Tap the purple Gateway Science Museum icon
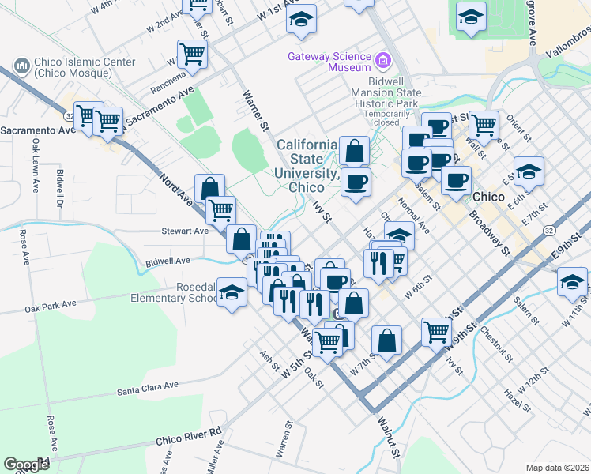[x=384, y=59]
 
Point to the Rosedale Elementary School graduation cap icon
[x=230, y=294]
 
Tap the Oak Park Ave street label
[x=50, y=305]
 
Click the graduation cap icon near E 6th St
[x=529, y=171]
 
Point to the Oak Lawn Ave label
[x=36, y=166]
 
